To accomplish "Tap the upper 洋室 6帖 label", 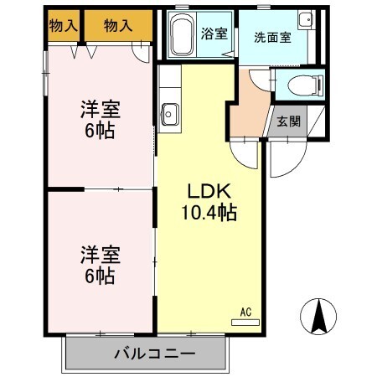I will [x=99, y=119].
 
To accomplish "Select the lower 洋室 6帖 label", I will [x=99, y=263].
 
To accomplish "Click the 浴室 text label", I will [x=214, y=34].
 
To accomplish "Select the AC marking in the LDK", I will [x=245, y=312].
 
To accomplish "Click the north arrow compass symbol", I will [x=319, y=316].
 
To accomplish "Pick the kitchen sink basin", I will [x=168, y=111].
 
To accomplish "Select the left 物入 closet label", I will [x=64, y=27].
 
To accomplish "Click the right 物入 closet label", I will [x=117, y=27].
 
